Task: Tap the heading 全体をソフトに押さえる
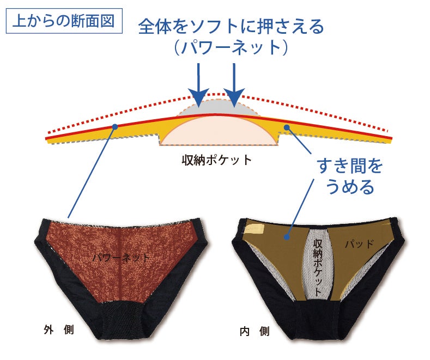tap(231, 26)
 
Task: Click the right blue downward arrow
tap(234, 82)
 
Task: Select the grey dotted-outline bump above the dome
tap(218, 105)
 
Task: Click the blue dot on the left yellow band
tap(115, 126)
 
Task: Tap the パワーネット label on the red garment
tap(120, 257)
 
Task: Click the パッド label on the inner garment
tap(359, 244)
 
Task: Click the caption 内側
tap(255, 331)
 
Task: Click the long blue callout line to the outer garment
tap(92, 172)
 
